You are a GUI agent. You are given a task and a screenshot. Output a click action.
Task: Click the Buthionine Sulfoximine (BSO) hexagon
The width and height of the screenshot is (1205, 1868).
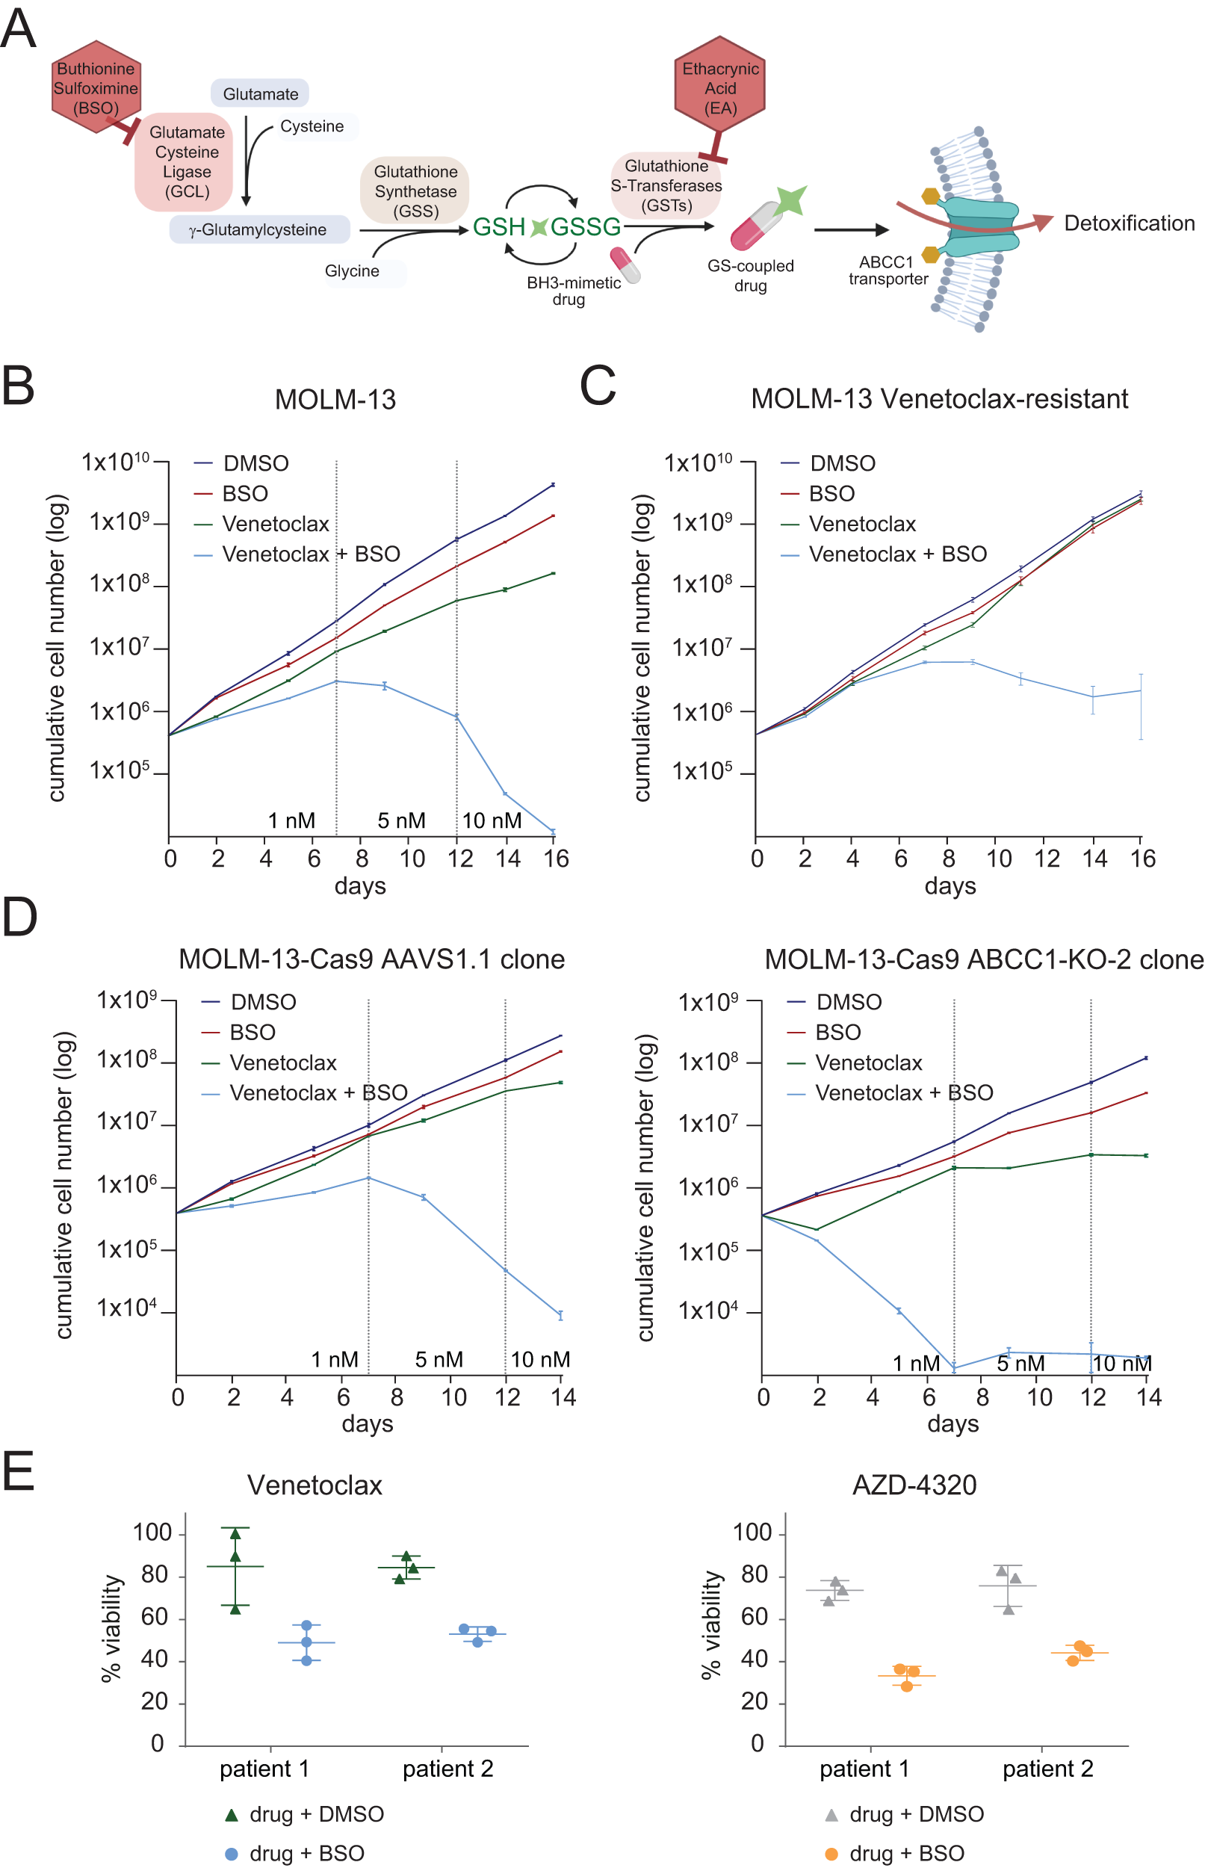coord(96,87)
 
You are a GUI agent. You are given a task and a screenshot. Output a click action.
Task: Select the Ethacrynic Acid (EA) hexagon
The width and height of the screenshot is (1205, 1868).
coord(719,85)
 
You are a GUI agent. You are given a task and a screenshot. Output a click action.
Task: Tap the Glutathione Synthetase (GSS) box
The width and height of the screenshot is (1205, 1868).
coord(415,191)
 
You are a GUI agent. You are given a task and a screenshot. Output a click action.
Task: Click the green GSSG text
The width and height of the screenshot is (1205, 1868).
coord(584,227)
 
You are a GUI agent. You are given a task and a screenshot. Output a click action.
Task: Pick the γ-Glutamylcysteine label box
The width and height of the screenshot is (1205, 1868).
coord(258,229)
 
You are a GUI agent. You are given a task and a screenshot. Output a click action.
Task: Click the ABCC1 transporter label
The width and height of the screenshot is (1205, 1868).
coord(888,270)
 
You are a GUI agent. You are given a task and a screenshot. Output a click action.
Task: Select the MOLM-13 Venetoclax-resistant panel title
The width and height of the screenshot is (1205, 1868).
coord(938,398)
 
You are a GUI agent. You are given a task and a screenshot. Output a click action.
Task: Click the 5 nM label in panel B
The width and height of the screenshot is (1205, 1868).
coord(401,820)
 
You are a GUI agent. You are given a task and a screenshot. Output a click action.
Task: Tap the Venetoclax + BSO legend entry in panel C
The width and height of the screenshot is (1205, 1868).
coord(896,554)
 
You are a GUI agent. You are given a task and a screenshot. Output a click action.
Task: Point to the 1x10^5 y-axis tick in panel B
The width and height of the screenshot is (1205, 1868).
coord(119,771)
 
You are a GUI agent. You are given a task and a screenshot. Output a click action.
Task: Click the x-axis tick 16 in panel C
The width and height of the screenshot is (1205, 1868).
coord(1142,859)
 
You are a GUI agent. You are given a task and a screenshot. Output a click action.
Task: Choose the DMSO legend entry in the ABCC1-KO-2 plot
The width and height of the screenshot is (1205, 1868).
coord(848,1002)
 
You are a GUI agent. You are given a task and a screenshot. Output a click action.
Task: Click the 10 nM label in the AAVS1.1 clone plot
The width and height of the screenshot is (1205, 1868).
coord(540,1358)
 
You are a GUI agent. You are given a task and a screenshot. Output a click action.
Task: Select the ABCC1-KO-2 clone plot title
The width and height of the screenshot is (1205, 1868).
coord(983,959)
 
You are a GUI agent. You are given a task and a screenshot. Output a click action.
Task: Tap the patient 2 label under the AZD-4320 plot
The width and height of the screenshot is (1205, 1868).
coord(1047,1769)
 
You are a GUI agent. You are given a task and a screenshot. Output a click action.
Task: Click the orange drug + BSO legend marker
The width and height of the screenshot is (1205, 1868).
coord(831,1853)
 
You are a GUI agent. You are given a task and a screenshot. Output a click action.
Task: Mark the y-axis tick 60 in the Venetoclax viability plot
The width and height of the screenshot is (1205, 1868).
coord(154,1617)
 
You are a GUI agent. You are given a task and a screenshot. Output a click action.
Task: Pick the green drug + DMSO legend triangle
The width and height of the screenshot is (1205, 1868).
coord(231,1814)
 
